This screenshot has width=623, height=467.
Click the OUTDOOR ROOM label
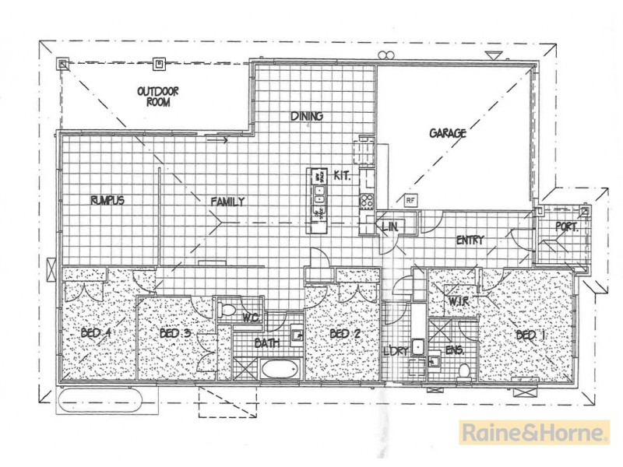point(159,97)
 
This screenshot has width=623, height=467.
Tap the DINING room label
point(307,117)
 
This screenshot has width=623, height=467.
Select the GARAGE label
point(448,133)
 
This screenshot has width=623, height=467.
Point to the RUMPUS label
point(106,200)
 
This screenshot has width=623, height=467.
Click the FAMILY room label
point(228,202)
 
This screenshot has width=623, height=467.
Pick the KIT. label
point(342,176)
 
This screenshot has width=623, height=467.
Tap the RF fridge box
point(410,201)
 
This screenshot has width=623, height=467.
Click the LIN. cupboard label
point(391,226)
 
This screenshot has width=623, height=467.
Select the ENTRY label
point(470,241)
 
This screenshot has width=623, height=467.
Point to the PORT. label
point(565,227)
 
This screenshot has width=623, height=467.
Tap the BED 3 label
point(175,334)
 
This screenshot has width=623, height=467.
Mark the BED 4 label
point(97,334)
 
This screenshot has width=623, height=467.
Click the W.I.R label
point(456,300)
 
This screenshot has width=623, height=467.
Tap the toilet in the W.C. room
point(229,311)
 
